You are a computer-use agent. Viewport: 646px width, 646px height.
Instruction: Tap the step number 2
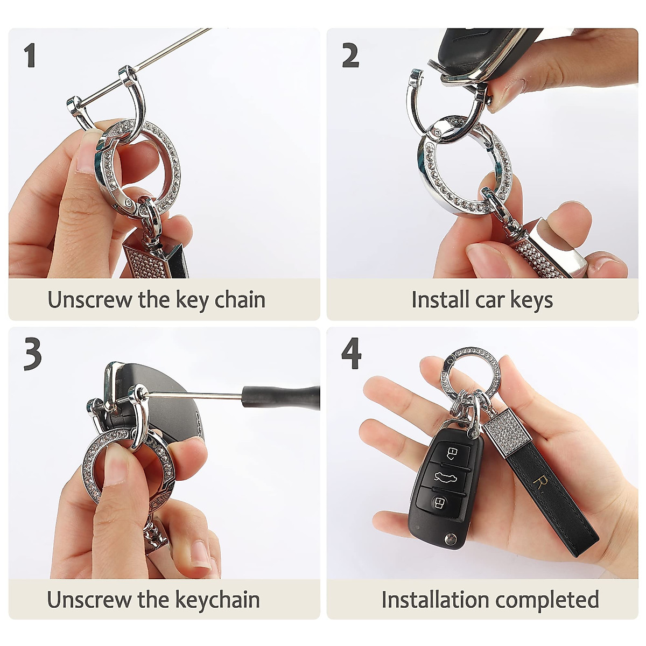click(350, 56)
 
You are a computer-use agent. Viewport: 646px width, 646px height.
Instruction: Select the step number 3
click(32, 354)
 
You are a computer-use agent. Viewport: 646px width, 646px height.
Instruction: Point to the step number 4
click(352, 353)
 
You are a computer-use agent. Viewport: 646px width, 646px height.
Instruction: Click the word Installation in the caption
click(436, 599)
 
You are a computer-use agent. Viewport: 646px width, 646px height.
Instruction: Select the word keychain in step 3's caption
click(217, 599)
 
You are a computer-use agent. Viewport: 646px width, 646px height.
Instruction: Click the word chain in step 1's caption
click(240, 299)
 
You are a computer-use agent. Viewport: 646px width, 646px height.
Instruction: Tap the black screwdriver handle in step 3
click(281, 398)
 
